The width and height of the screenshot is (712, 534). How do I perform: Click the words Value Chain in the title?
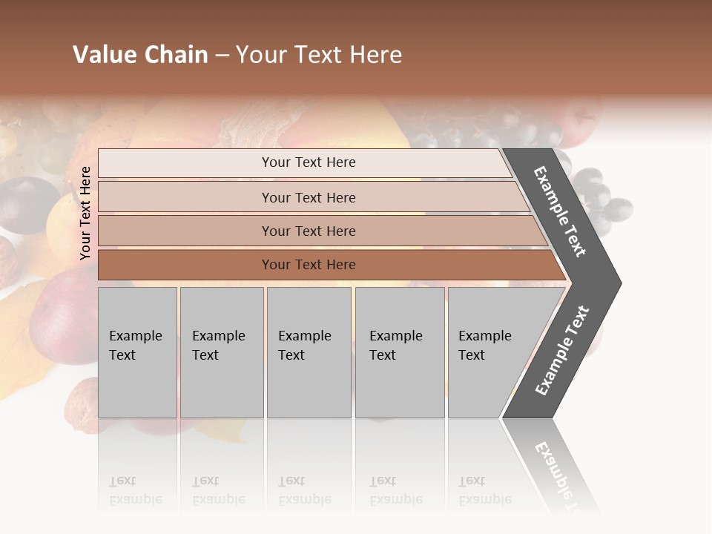(x=140, y=55)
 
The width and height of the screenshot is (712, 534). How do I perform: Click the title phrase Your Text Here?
(x=319, y=55)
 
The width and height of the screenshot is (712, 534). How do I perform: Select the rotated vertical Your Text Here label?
(x=85, y=213)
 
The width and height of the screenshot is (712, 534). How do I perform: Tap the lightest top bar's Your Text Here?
(x=309, y=162)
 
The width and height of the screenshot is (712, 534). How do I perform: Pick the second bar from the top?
(x=309, y=197)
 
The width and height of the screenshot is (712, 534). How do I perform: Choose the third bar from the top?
(x=309, y=231)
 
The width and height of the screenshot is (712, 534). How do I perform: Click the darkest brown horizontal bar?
(x=309, y=265)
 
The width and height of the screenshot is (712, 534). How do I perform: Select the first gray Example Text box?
(x=137, y=352)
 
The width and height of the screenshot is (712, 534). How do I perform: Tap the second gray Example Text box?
(x=221, y=352)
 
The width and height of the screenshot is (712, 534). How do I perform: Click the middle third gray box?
(x=309, y=352)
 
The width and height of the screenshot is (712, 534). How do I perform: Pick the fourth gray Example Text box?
(x=399, y=352)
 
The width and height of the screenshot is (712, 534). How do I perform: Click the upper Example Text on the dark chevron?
(x=560, y=211)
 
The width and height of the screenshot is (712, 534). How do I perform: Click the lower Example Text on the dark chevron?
(x=561, y=351)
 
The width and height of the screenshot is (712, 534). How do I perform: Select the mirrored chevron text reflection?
(x=560, y=475)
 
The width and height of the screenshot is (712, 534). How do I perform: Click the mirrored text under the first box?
(x=135, y=491)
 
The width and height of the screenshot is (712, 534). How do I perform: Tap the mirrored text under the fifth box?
(x=484, y=491)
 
